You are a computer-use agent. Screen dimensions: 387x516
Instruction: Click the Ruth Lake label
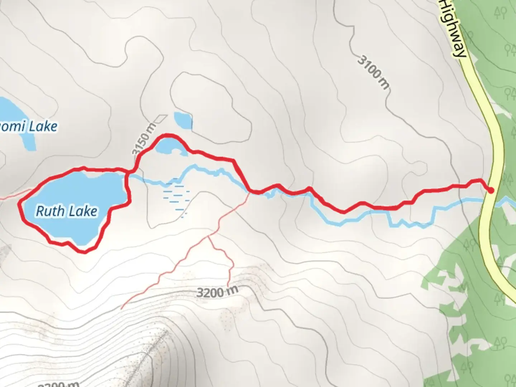coord(67,211)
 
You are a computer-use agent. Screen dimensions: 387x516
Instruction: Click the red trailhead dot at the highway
coord(491,190)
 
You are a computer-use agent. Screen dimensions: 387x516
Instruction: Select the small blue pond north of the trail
coord(183,120)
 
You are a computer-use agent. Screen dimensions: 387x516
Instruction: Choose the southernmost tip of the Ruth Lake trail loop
coord(84,252)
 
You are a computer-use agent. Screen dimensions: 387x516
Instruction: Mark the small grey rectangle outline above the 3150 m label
coord(161,118)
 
